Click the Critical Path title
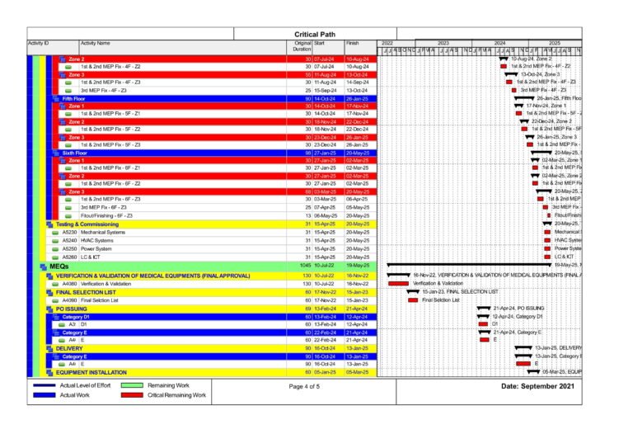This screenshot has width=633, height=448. [x=314, y=34]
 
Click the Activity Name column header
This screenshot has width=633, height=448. [x=96, y=43]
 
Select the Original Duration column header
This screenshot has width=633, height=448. [x=302, y=46]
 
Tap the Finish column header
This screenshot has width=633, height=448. [x=353, y=43]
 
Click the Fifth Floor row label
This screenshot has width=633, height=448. [x=74, y=98]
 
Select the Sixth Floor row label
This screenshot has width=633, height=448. [x=74, y=153]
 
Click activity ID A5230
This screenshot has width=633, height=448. [x=69, y=232]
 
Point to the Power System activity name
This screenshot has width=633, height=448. [x=96, y=248]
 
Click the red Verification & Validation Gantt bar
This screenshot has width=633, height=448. [x=398, y=283]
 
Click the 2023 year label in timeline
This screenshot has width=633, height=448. [x=443, y=43]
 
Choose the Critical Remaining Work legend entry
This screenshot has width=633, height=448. [x=176, y=396]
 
